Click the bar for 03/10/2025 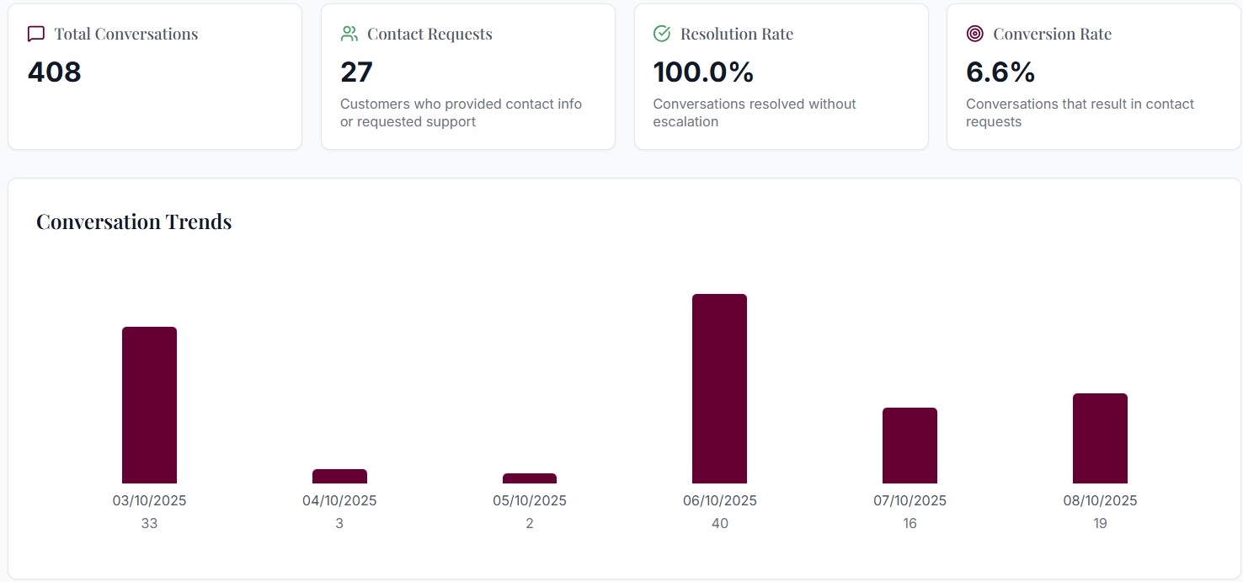click(149, 404)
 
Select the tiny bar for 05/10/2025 click(530, 478)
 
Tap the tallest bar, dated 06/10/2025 click(719, 388)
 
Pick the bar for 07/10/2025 click(910, 445)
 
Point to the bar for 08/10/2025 click(1100, 438)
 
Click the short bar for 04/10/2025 click(339, 476)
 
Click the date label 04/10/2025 click(339, 500)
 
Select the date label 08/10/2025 click(1100, 500)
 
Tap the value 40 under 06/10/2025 click(719, 523)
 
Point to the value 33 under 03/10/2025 click(149, 523)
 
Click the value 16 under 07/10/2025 click(910, 523)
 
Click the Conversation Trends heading click(134, 222)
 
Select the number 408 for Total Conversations click(55, 72)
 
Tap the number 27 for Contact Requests click(356, 72)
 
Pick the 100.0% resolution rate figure click(703, 72)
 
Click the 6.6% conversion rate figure click(1000, 72)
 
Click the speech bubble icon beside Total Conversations click(36, 34)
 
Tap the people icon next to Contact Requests click(349, 34)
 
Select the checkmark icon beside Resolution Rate click(662, 34)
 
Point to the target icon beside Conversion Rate click(975, 34)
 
